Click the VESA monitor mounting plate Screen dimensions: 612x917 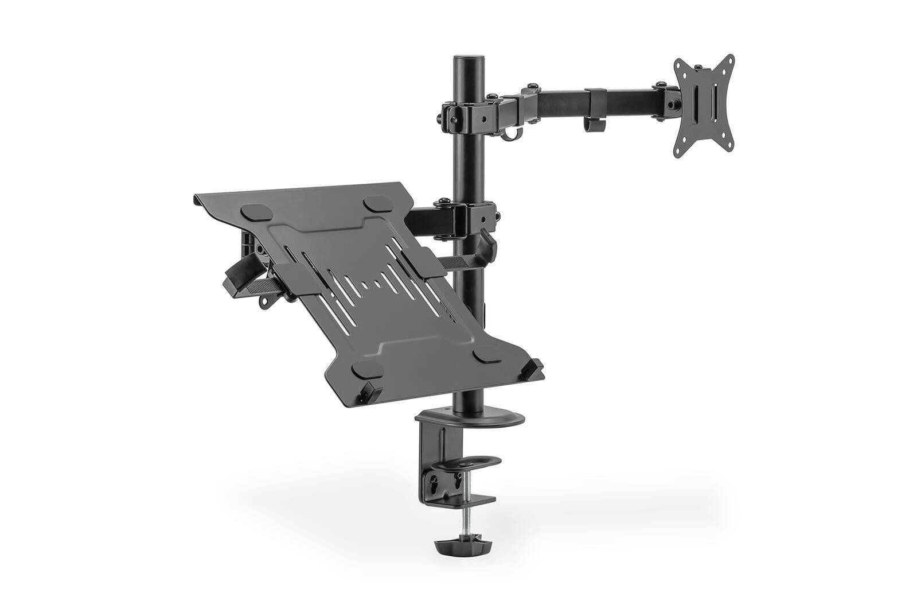tap(703, 106)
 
